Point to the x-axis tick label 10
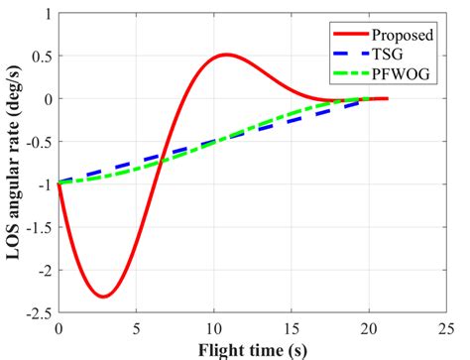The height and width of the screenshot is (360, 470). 213,328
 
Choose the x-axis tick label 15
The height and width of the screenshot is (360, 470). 292,328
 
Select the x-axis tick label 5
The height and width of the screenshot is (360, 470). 137,328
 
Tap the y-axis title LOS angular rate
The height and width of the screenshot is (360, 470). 14,163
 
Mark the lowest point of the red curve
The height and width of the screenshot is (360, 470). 103,297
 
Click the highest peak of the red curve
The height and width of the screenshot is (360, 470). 226,55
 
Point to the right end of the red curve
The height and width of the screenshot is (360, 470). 387,98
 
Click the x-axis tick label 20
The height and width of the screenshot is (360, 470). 369,328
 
